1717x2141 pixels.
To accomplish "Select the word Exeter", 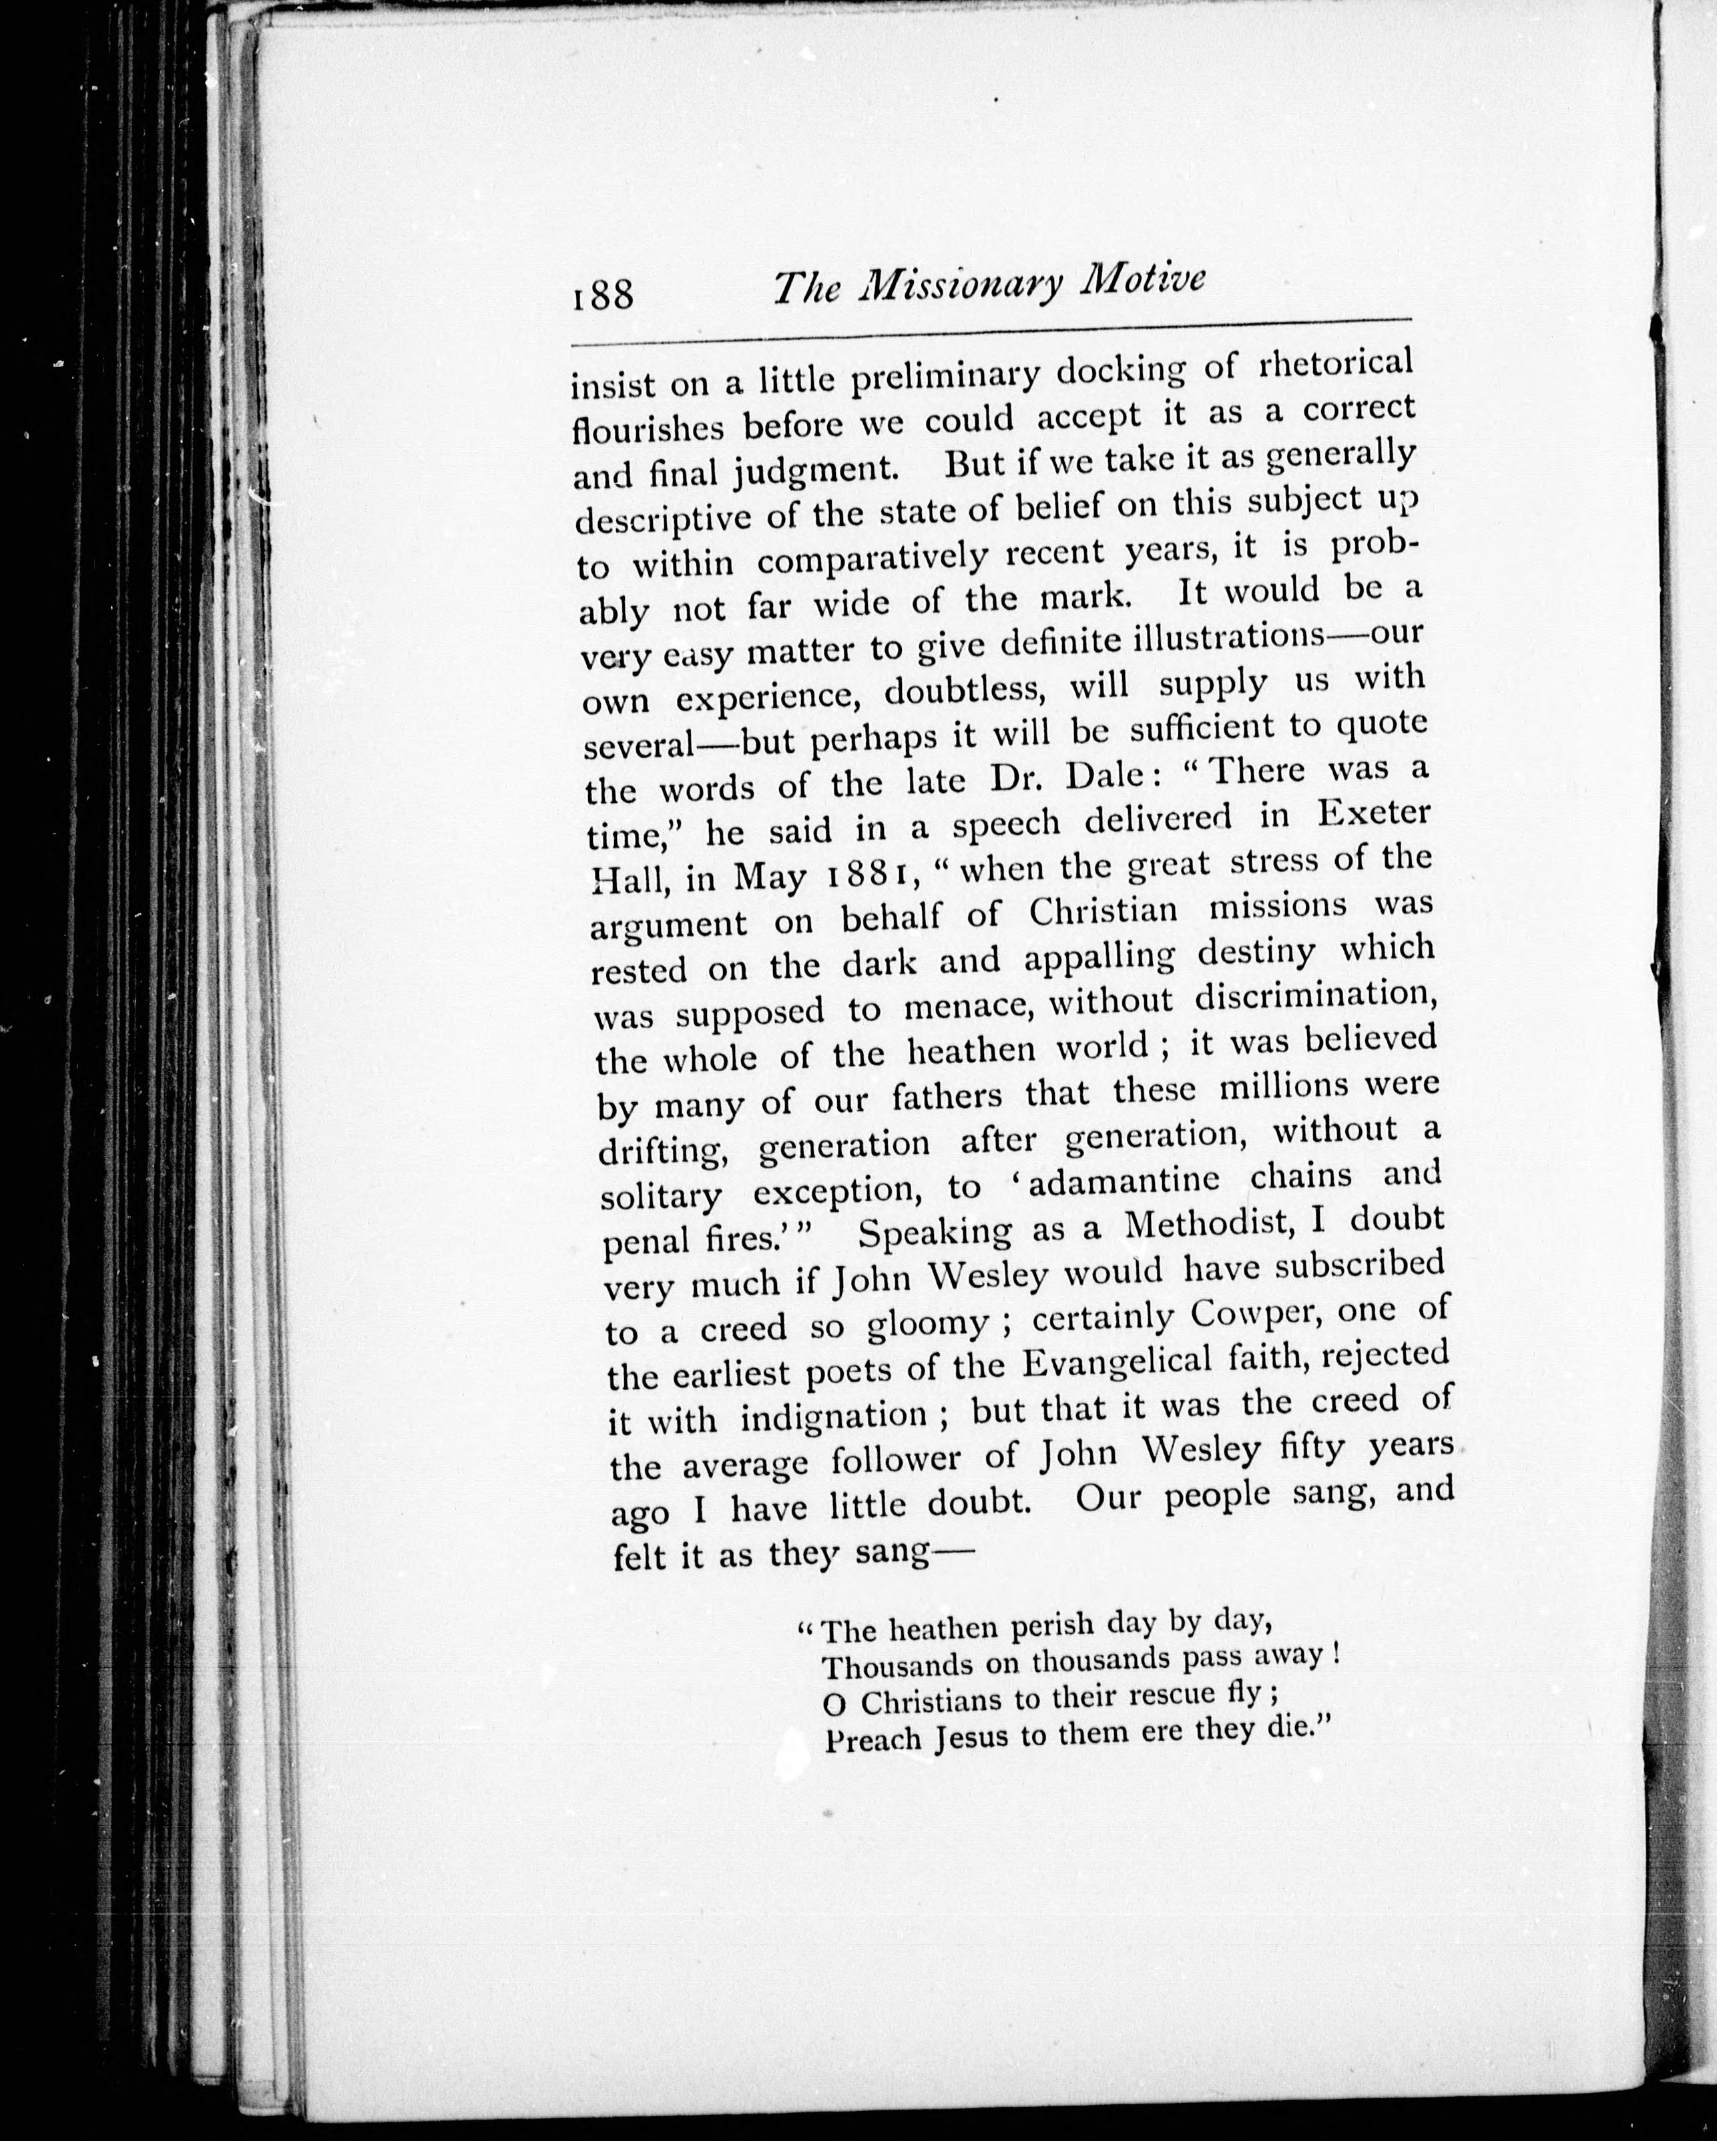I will tap(1373, 814).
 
